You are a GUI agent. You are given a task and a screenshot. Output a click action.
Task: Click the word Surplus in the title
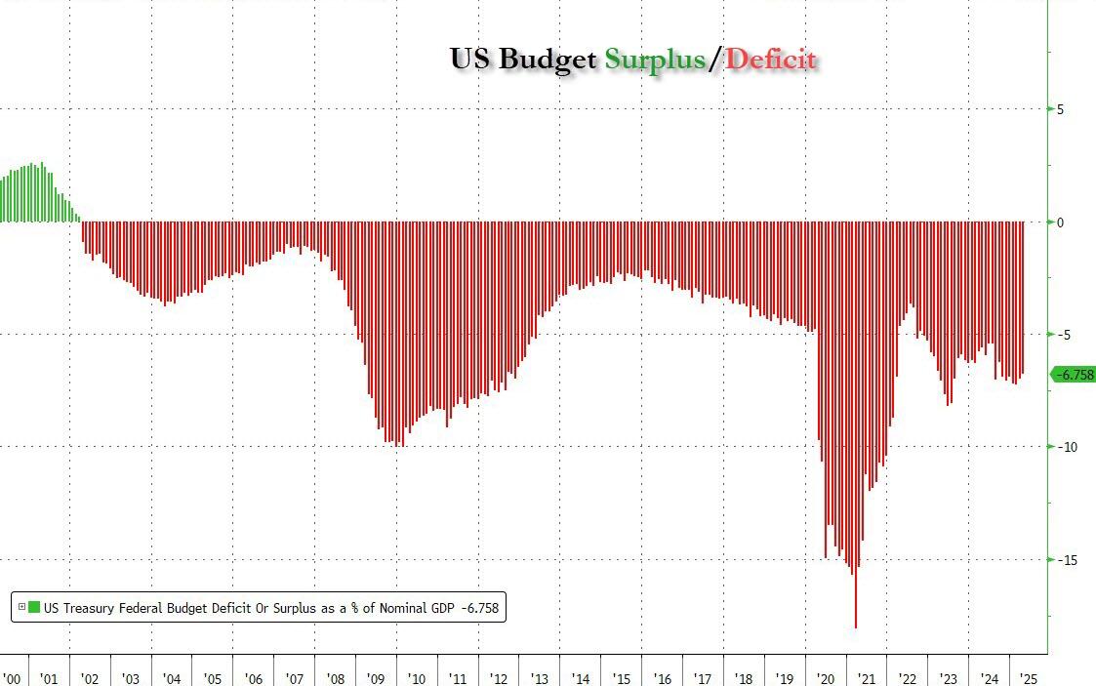654,59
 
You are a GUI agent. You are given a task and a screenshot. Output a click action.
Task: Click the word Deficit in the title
771,59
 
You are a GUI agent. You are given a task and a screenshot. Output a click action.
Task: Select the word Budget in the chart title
548,59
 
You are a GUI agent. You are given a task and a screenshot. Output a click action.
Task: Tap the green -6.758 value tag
1073,375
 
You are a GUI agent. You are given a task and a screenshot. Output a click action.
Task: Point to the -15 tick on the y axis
1066,560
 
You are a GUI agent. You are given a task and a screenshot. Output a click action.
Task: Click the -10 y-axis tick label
1066,447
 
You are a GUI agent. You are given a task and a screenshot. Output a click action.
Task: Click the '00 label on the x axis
12,678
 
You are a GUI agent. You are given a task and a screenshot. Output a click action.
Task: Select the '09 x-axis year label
376,678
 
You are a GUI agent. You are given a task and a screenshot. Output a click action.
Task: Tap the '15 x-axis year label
621,678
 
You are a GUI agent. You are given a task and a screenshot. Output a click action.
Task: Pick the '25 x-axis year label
1029,678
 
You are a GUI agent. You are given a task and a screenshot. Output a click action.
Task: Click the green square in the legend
34,607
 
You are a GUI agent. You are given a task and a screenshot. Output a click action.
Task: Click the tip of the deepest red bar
856,626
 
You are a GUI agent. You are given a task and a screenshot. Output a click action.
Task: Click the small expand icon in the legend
21,607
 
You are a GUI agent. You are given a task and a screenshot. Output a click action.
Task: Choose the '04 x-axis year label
172,678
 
